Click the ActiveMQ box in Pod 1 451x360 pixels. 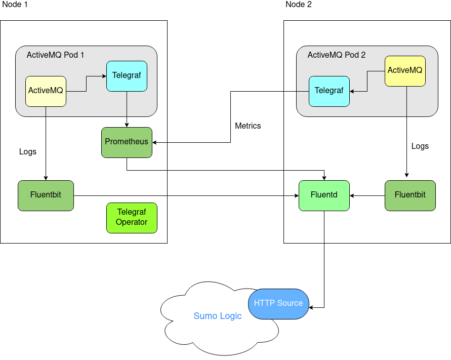tap(46, 91)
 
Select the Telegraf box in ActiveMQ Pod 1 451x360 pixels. tap(127, 76)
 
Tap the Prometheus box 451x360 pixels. tap(127, 142)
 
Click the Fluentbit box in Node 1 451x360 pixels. tap(46, 195)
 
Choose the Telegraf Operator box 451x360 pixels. tap(132, 218)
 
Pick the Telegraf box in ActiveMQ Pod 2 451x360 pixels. tap(329, 91)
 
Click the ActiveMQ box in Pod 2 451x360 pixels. tap(405, 70)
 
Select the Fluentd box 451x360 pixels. tap(324, 195)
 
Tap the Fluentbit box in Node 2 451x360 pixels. tap(410, 195)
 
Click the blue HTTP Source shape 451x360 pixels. tap(278, 304)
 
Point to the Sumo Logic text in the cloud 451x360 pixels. tap(218, 316)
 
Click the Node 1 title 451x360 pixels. tap(15, 5)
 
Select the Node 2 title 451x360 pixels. tap(299, 5)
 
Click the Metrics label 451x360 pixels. tap(248, 126)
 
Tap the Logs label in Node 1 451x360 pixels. tap(28, 151)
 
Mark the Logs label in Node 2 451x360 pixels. tap(420, 146)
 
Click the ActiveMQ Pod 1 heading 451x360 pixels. tap(55, 55)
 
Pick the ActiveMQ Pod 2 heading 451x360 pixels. tap(337, 55)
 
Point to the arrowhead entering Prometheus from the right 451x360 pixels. tap(155, 142)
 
